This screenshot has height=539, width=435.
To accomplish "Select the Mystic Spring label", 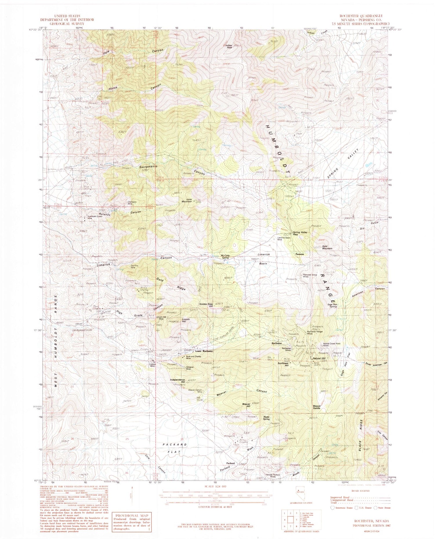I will [267, 418].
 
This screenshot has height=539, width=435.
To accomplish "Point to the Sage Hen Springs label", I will [332, 305].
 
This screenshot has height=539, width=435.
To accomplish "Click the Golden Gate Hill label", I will [206, 305].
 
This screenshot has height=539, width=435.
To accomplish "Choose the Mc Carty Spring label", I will [225, 257].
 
